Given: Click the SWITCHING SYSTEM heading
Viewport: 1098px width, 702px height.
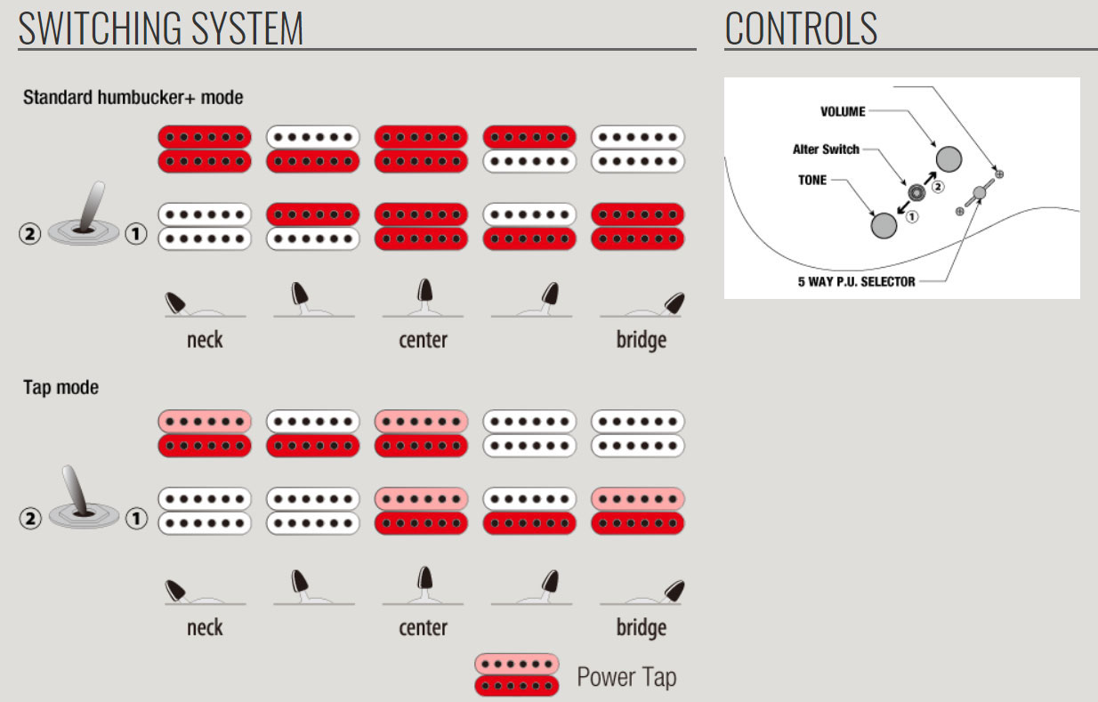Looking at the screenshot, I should pyautogui.click(x=161, y=28).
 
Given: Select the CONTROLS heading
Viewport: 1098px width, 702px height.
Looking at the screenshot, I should pyautogui.click(x=801, y=28).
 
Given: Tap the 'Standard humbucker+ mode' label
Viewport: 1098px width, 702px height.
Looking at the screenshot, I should pyautogui.click(x=133, y=97).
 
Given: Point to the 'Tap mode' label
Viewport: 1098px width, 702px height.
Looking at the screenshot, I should pyautogui.click(x=61, y=388).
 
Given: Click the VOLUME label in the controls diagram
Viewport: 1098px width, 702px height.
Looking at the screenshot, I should pyautogui.click(x=843, y=112).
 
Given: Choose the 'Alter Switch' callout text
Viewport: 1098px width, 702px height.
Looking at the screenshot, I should pyautogui.click(x=826, y=149).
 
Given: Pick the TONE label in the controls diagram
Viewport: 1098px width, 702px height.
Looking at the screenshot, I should pyautogui.click(x=812, y=180).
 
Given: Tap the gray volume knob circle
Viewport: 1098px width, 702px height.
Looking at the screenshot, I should pyautogui.click(x=949, y=159).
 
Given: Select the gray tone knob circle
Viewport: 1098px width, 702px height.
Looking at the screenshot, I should pyautogui.click(x=884, y=225).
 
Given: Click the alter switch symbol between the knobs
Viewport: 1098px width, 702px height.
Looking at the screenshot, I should pyautogui.click(x=916, y=191).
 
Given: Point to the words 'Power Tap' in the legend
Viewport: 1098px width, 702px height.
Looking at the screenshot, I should pyautogui.click(x=626, y=677).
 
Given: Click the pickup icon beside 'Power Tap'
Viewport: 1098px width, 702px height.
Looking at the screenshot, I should pyautogui.click(x=517, y=674).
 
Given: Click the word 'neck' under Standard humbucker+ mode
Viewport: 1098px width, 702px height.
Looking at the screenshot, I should pyautogui.click(x=205, y=340).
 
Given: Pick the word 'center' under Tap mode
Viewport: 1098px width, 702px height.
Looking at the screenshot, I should pyautogui.click(x=423, y=628).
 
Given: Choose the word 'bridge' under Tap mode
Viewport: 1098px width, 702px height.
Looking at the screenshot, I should pyautogui.click(x=641, y=628).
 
